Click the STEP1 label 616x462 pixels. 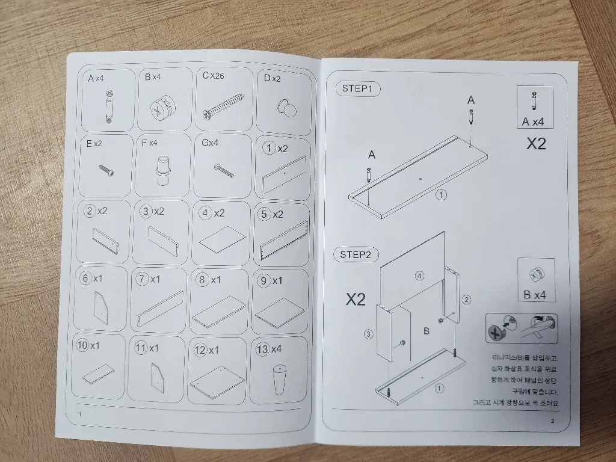357,89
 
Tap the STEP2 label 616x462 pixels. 356,254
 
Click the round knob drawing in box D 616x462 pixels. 287,109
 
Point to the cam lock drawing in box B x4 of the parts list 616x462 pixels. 159,108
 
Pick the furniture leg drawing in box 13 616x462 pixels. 279,379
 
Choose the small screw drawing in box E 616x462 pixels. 106,169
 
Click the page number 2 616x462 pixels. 552,420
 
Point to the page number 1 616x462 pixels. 80,414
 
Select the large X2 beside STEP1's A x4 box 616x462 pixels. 536,144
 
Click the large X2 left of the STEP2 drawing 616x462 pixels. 356,300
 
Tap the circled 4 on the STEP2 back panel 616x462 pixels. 419,276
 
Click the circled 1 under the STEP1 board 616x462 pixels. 442,194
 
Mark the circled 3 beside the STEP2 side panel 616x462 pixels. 368,334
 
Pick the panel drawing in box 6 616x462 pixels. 100,307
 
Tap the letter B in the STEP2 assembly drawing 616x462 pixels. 427,331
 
